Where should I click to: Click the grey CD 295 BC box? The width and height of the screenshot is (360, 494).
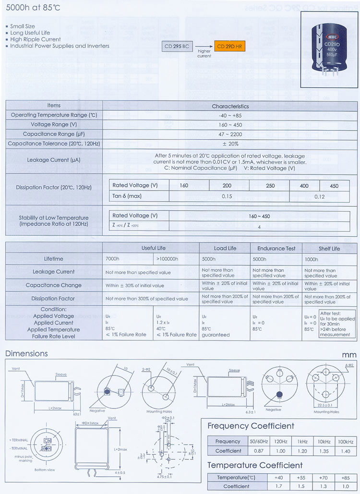[x=179, y=46]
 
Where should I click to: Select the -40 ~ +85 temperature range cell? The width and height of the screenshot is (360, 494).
[x=230, y=115]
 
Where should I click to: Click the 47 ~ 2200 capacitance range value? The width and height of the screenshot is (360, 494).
[x=230, y=134]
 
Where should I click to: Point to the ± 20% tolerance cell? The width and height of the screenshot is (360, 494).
[x=230, y=144]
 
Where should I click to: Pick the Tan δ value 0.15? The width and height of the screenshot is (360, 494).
[x=227, y=196]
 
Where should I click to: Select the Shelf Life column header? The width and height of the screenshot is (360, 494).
[x=329, y=248]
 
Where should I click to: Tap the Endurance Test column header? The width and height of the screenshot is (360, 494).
[x=276, y=248]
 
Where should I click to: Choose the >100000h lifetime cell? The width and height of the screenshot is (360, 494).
[x=168, y=259]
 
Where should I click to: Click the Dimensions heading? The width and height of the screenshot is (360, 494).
[x=26, y=354]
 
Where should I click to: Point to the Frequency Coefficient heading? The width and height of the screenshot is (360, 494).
[x=251, y=426]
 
